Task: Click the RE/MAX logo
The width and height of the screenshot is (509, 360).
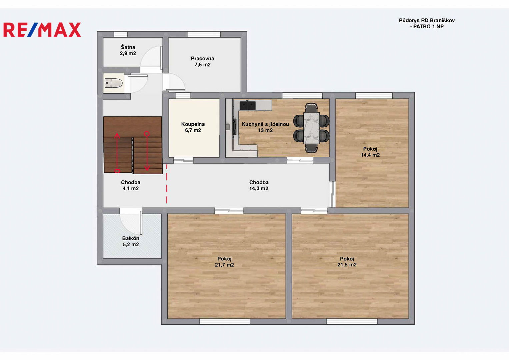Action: pos(42,30)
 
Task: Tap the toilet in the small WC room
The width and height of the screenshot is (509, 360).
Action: pos(113,83)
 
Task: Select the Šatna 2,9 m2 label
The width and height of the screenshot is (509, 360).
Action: pos(128,50)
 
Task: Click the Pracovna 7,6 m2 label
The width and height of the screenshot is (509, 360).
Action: pos(202,62)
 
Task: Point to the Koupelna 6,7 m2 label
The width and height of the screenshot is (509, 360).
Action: pos(193,127)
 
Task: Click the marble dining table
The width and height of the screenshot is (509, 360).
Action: pos(312,128)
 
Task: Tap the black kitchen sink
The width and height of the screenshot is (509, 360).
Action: pos(247,105)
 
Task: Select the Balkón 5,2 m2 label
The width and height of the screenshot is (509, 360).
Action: pos(131,241)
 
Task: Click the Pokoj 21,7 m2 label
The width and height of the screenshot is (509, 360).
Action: pos(224,262)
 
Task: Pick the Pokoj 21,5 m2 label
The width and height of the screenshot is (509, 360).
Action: pos(347,262)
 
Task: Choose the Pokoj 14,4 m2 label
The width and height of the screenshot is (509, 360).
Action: pos(370,152)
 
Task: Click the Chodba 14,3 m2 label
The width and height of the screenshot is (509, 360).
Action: pos(259,185)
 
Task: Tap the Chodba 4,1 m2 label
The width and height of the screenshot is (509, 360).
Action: pos(131,185)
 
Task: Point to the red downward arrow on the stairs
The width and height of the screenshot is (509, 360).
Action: pos(147,151)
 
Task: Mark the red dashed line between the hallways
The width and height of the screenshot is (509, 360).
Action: pos(167,184)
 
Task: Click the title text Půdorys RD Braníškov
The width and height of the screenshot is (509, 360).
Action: pos(427,20)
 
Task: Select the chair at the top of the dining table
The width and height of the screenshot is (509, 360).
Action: pos(311,107)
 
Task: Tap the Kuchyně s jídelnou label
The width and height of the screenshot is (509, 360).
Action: pos(265,124)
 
